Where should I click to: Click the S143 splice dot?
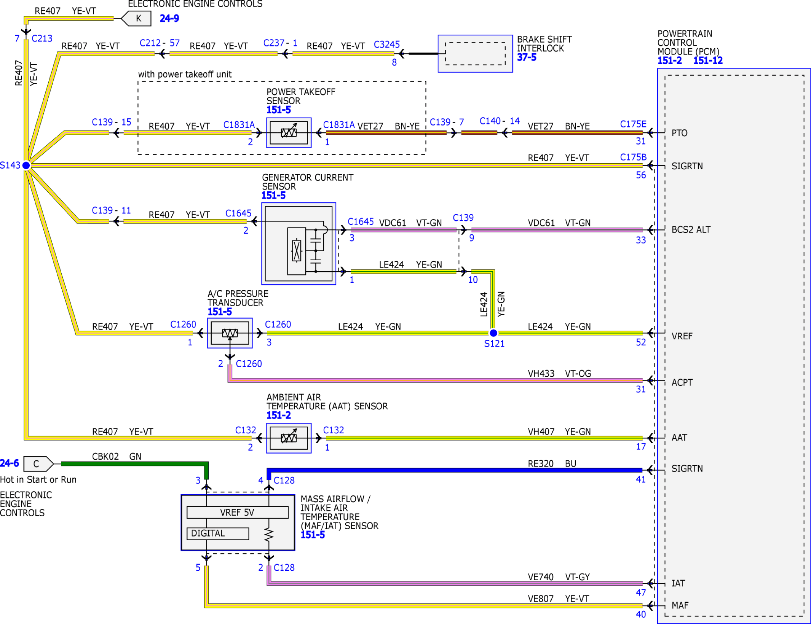[x=26, y=165]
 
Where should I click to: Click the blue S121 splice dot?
[x=493, y=333]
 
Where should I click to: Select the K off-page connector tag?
[x=136, y=18]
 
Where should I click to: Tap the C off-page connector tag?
[x=38, y=463]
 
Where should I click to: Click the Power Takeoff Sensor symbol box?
[x=289, y=132]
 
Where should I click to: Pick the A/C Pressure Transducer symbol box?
[x=230, y=333]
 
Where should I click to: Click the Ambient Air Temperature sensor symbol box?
[x=289, y=438]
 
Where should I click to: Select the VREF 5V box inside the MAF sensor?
[x=237, y=512]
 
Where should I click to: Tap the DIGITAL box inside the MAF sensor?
[x=218, y=533]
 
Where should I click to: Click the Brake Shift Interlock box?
[x=475, y=54]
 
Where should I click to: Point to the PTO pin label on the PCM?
[x=679, y=133]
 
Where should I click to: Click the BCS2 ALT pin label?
[x=691, y=229]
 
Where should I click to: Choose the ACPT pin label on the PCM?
[x=682, y=382]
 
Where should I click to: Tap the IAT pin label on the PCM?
[x=678, y=583]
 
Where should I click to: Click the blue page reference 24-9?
[x=169, y=18]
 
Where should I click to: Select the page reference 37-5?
[x=527, y=57]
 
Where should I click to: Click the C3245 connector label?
[x=387, y=45]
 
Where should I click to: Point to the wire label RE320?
[x=541, y=463]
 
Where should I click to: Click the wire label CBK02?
[x=105, y=456]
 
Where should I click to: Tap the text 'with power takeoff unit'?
[x=185, y=74]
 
